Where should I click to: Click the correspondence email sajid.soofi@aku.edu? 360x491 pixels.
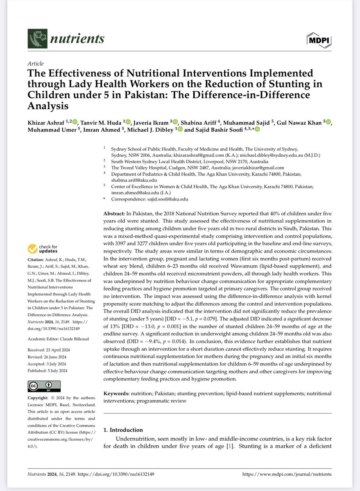pos(169,199)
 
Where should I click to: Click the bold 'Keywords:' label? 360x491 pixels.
pos(117,393)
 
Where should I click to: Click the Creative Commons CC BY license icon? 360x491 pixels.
pos(44,386)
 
